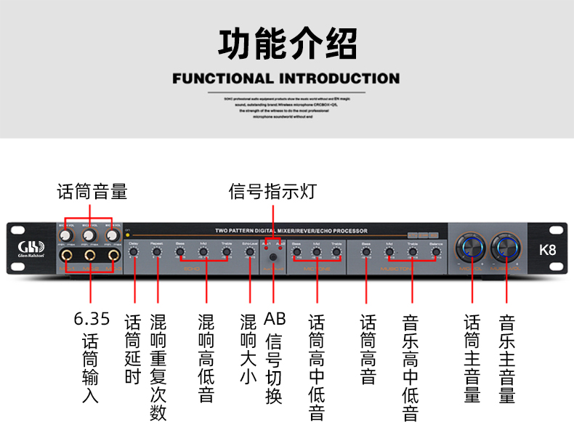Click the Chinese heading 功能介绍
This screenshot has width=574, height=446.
coord(287,44)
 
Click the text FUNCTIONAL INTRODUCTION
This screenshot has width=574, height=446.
coord(286,78)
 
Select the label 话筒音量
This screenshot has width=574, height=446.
coord(92,192)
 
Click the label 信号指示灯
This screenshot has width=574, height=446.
coord(273,192)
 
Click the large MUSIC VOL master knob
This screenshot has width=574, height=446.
coord(506,248)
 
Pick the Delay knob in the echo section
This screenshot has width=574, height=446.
coord(134,253)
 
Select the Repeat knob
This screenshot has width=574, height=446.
coord(157,253)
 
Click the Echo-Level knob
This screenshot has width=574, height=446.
coord(248,253)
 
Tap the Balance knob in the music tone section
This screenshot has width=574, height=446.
coord(436,253)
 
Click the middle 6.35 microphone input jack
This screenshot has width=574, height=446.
coord(89,257)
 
